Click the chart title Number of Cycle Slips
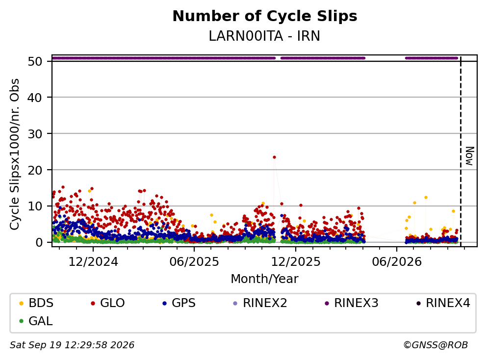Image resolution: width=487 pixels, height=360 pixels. point(265,16)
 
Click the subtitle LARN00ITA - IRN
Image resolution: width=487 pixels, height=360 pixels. point(264,36)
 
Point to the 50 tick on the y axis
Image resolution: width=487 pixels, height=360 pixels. point(35,61)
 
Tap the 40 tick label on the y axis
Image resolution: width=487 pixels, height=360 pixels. point(35,98)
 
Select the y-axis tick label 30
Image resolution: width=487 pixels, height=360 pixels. point(35,134)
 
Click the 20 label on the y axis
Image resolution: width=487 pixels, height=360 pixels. point(35,170)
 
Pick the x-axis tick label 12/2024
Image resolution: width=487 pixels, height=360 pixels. point(93,262)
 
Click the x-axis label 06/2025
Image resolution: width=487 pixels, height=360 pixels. point(194,262)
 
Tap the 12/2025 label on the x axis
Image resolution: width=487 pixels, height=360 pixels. point(296,262)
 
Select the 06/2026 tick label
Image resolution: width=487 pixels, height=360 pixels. point(397,262)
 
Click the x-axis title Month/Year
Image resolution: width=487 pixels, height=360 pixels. point(264,279)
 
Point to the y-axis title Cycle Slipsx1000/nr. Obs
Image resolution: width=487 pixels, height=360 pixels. point(15,154)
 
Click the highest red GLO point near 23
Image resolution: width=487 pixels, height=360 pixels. point(274,157)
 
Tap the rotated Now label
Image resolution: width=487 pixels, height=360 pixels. point(470,156)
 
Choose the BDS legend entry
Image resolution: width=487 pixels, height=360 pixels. point(36,303)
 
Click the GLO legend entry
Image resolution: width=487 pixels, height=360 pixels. point(108,303)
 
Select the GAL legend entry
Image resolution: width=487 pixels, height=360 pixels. point(36,321)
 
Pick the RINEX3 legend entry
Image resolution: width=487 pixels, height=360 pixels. point(352,303)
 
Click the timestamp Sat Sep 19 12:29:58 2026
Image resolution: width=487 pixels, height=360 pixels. point(72,345)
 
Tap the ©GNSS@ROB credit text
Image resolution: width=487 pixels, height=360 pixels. point(436,345)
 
